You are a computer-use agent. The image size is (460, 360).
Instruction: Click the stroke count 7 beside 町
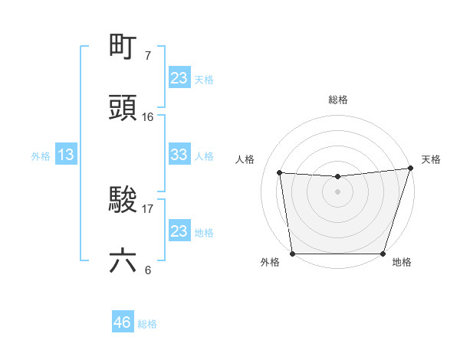(148, 56)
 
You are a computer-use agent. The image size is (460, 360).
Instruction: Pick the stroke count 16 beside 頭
(148, 116)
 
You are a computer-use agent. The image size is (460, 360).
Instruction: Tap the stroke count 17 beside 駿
(148, 208)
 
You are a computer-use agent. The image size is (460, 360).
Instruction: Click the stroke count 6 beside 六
(148, 270)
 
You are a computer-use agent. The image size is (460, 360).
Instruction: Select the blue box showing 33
(179, 155)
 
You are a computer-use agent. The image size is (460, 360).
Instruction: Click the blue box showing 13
(66, 155)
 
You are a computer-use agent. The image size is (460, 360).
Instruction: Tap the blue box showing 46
(123, 322)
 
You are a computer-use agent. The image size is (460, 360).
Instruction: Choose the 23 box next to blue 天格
(179, 77)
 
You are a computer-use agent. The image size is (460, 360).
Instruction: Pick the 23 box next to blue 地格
(179, 231)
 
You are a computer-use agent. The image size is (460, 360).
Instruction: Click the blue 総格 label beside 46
(147, 324)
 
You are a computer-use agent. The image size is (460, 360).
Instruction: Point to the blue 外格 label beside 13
(41, 156)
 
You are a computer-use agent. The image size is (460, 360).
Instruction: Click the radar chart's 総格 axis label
(337, 100)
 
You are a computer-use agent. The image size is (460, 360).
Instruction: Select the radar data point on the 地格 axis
(383, 254)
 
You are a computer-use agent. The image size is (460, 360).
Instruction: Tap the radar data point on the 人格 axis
(280, 173)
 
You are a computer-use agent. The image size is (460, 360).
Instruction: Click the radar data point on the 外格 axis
(292, 254)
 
